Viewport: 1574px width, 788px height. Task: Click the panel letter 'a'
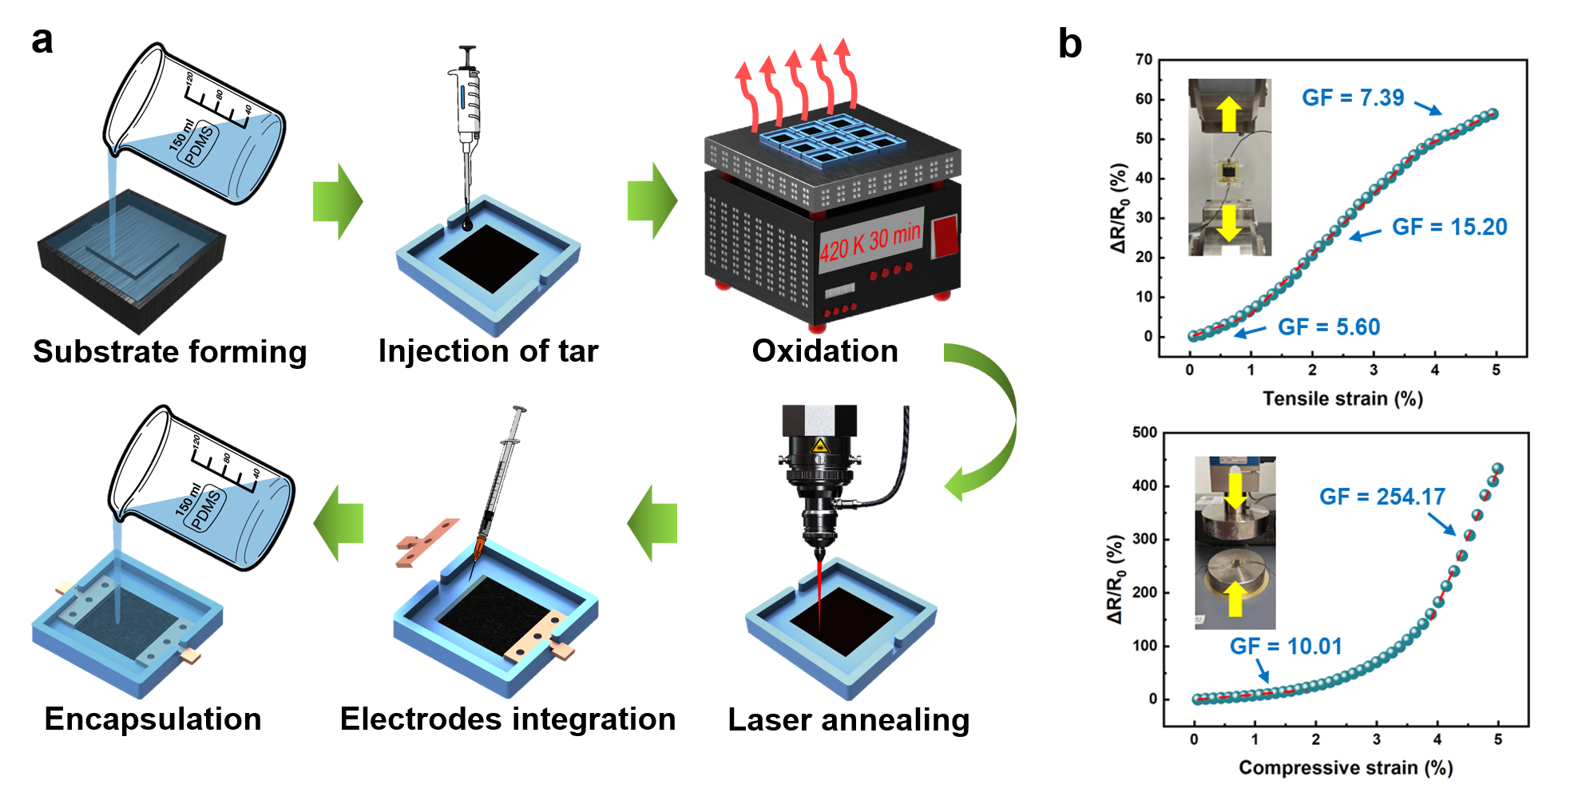[42, 40]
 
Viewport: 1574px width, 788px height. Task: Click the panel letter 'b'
[1069, 43]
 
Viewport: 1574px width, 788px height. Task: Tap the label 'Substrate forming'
[169, 351]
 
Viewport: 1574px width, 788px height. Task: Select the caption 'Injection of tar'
[488, 350]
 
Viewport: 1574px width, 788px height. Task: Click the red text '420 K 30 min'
[870, 242]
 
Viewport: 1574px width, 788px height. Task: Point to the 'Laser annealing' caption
[848, 719]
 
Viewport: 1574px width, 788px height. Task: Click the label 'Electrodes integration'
[508, 719]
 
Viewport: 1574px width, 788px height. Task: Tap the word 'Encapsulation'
[153, 719]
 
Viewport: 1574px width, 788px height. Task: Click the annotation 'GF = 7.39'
[1352, 97]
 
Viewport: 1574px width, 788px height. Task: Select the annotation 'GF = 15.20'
[1449, 227]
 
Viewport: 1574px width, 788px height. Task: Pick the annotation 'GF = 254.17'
[1382, 497]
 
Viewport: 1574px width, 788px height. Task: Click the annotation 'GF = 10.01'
[1285, 646]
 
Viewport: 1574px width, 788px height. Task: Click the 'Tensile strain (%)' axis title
[1342, 398]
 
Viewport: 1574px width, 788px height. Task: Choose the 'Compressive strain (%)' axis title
[1345, 767]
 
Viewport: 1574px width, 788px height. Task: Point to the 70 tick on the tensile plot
[1144, 59]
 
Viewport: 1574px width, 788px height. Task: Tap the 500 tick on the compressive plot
[1144, 432]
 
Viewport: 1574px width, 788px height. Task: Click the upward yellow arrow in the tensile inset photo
[1229, 113]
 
